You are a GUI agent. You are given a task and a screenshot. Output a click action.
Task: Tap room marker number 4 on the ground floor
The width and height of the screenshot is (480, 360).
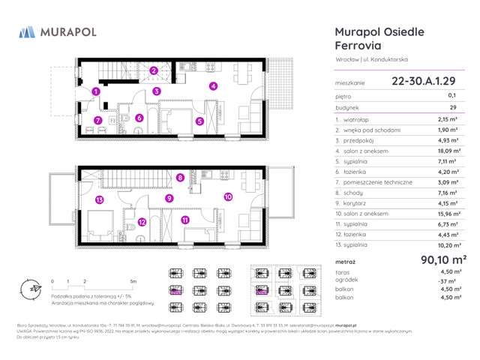[x=213, y=86]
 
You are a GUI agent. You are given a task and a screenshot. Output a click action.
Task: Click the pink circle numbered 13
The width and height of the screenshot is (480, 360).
[x=99, y=199]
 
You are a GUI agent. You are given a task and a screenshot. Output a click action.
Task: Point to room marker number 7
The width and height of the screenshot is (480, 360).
[x=97, y=120]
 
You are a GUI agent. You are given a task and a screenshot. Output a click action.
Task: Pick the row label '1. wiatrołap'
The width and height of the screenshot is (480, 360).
[x=354, y=118]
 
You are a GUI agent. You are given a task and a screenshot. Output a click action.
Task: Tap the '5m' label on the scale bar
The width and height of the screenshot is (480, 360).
[x=133, y=281]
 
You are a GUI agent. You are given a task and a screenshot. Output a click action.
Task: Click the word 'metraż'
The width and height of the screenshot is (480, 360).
[x=348, y=261]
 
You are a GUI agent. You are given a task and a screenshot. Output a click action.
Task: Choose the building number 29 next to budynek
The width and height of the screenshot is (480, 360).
[x=452, y=107]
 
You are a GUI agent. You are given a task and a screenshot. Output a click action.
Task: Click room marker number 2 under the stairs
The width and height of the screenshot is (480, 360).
[x=153, y=71]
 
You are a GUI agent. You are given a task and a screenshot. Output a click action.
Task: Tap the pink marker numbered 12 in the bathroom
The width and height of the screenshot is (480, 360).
[x=142, y=222]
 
